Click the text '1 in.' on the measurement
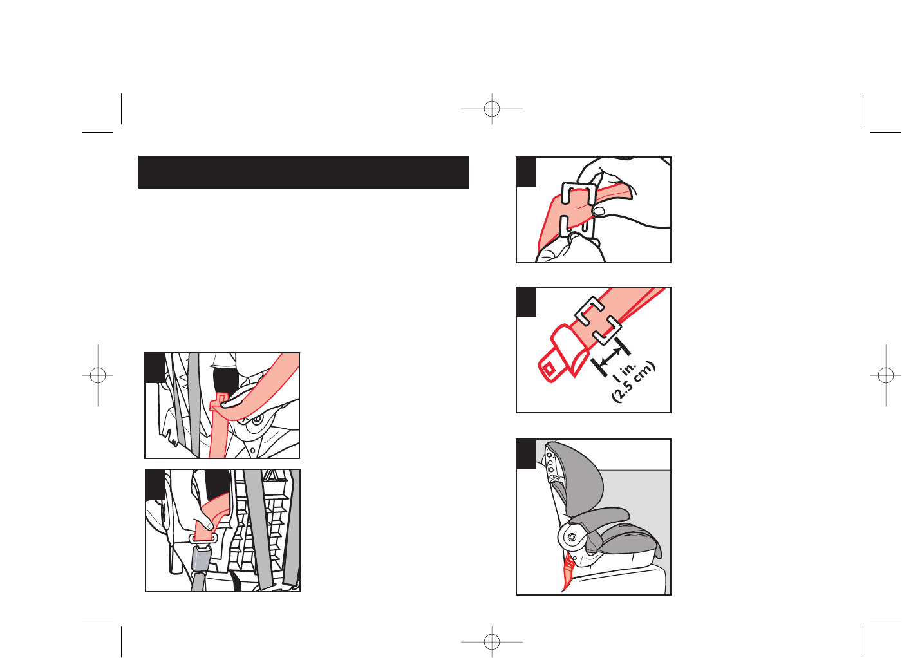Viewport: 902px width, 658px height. [x=625, y=372]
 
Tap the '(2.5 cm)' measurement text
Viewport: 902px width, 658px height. [x=634, y=382]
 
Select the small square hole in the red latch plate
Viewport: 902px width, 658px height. [x=548, y=368]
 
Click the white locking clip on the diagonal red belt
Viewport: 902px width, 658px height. [x=598, y=321]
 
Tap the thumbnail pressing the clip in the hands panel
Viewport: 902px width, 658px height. [x=599, y=211]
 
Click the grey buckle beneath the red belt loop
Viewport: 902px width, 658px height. [x=200, y=558]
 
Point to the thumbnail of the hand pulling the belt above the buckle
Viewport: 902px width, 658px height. [x=209, y=525]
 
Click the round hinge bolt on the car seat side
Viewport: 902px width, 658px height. [x=572, y=538]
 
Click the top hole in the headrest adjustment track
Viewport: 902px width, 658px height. [x=549, y=455]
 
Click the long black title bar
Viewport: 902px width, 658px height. [x=303, y=172]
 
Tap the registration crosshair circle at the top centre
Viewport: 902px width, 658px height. [x=492, y=109]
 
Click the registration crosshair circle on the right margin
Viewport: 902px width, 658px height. [x=885, y=375]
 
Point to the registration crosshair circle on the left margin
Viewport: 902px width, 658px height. [x=98, y=375]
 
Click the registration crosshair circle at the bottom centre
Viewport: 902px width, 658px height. [x=492, y=642]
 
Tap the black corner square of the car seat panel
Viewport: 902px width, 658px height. [x=526, y=455]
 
